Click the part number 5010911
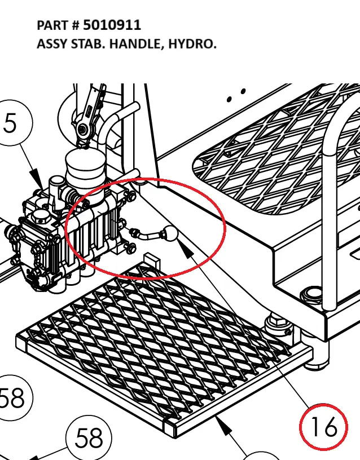[x=112, y=25]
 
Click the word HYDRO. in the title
[x=192, y=43]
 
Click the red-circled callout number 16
[x=324, y=427]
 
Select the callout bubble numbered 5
[x=11, y=123]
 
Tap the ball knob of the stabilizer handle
[x=169, y=233]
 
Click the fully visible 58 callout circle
[x=89, y=437]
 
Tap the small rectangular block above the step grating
[x=152, y=261]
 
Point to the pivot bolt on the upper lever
[x=84, y=130]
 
